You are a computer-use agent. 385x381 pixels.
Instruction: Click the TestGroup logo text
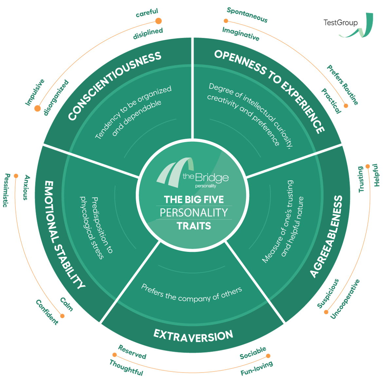(340, 23)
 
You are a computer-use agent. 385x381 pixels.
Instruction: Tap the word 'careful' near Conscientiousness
(147, 13)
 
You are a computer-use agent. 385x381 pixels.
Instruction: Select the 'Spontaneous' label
(247, 15)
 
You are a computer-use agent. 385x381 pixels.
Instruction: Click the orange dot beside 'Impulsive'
(37, 108)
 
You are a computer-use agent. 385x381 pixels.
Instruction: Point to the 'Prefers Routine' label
(342, 85)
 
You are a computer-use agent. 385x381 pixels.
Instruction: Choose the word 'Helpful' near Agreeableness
(376, 175)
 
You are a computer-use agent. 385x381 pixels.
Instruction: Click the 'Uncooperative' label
(345, 299)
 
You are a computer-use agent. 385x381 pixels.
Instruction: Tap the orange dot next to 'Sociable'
(268, 356)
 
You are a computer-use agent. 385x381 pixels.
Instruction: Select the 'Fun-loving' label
(257, 368)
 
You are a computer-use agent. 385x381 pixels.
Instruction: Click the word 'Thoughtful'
(126, 368)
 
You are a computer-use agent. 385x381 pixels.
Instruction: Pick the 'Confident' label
(47, 312)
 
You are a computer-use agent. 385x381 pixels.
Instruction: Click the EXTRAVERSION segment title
(193, 336)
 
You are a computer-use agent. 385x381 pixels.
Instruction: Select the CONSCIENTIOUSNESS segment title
(115, 86)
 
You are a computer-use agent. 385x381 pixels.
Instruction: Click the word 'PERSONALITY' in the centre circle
(194, 213)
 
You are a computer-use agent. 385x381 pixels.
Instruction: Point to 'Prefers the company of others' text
(192, 293)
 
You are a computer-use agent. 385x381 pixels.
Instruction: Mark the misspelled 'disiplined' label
(148, 34)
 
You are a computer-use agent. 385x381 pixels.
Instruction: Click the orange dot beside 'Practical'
(346, 106)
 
